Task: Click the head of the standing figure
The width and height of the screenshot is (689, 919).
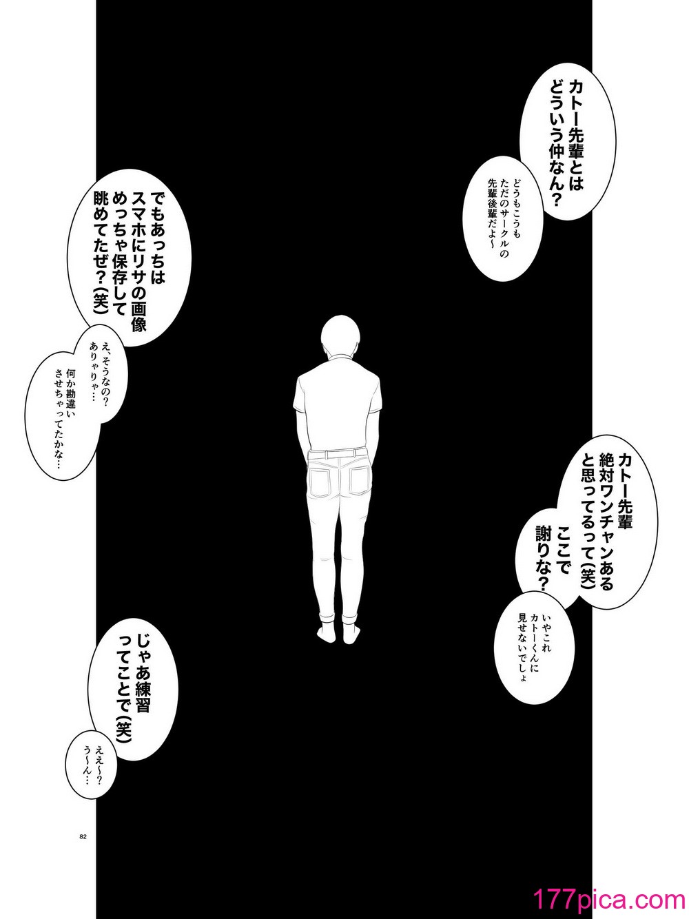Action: [x=339, y=335]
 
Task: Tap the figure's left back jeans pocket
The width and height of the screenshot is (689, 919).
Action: [x=321, y=479]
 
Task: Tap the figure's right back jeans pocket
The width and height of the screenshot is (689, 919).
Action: [x=360, y=479]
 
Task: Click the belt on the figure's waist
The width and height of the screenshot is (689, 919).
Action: [x=340, y=453]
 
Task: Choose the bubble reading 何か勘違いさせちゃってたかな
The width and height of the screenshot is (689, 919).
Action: [x=68, y=413]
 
